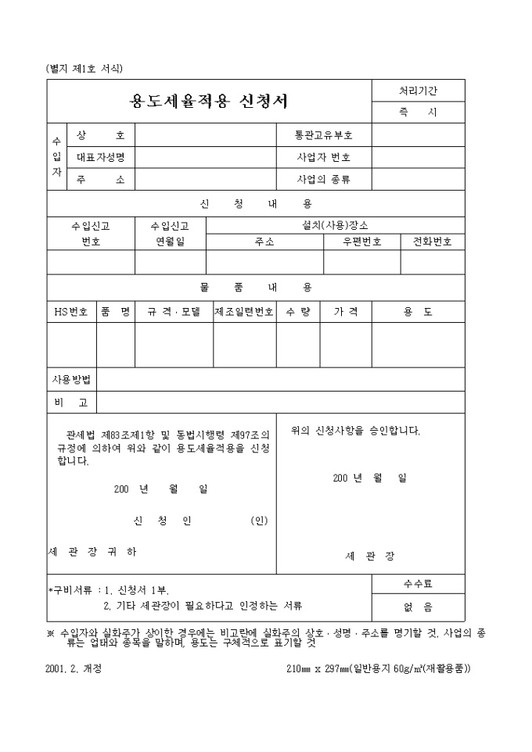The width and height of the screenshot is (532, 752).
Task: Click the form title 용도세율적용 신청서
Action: (x=208, y=102)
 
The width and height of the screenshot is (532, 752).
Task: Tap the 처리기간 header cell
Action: (x=418, y=91)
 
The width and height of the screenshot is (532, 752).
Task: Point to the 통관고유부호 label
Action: (x=323, y=135)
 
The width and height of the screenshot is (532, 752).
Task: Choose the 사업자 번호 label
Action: (x=323, y=157)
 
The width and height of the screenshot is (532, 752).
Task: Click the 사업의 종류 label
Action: (x=323, y=179)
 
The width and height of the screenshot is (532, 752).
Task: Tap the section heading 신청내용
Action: (x=256, y=204)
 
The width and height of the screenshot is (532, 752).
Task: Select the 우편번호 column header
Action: (x=361, y=242)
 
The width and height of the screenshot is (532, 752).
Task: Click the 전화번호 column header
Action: (x=433, y=242)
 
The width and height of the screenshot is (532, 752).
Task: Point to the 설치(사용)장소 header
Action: (x=335, y=225)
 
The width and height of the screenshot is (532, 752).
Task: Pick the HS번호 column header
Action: (x=70, y=311)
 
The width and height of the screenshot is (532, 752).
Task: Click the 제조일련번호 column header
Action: (x=244, y=311)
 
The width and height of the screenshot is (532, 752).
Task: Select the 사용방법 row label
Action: (x=71, y=379)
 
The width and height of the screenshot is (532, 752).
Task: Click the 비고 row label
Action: (x=71, y=402)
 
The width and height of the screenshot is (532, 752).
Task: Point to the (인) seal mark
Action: (x=259, y=521)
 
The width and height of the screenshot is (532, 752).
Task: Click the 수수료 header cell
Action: (x=418, y=583)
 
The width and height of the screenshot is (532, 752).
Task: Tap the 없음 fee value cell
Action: (x=418, y=607)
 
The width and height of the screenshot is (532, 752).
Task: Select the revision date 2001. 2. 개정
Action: (x=74, y=668)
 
